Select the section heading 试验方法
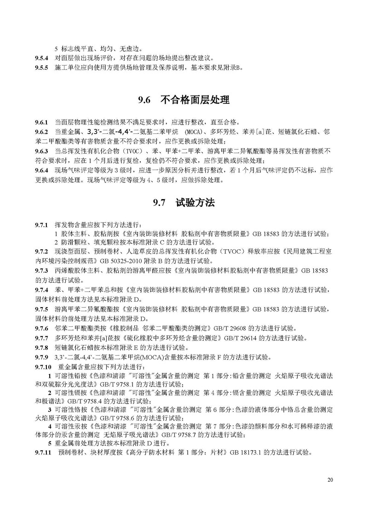click(x=195, y=203)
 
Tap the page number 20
click(x=330, y=480)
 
